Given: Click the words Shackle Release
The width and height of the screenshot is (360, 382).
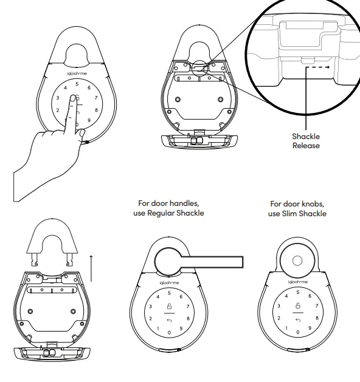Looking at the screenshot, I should tap(305, 142).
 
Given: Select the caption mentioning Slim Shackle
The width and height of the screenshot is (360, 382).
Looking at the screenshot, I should tap(297, 209).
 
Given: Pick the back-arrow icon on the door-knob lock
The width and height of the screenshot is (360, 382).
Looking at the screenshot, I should tap(297, 319).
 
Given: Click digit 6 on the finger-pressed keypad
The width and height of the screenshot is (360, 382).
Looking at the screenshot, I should tap(89, 87).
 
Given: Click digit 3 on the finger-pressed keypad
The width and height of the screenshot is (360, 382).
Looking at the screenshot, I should tap(57, 98).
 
